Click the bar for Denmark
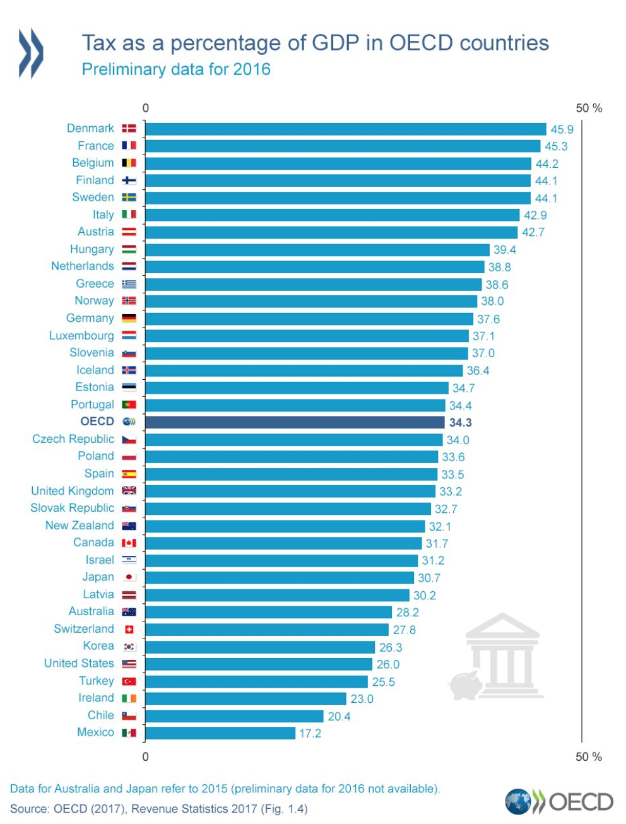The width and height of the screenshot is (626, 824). coord(345,129)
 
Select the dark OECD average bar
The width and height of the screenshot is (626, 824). coord(295,422)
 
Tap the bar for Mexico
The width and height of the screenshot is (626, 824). coord(220,733)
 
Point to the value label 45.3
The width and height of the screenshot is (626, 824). coord(556,146)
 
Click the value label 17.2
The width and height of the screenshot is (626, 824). coord(310,733)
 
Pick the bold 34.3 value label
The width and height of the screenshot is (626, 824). coord(461,423)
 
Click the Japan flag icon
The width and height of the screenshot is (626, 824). coord(129,577)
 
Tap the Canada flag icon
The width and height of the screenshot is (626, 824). coord(129,543)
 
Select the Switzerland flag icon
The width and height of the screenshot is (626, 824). coord(129,629)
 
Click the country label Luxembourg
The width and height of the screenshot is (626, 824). coord(81,336)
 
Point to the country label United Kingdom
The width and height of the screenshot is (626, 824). coord(73,491)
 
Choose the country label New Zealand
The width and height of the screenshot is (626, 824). coord(80,526)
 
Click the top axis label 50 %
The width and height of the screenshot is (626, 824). coord(589,108)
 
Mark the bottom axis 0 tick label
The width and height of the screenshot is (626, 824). coord(145,756)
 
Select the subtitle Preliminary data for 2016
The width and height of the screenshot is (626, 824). coord(176,69)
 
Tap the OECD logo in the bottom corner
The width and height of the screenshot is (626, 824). coord(559,801)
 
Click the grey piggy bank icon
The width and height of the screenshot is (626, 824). coord(465,685)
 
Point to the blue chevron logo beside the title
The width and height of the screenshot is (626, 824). coord(31,53)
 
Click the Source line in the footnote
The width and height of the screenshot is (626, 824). coord(158,809)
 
